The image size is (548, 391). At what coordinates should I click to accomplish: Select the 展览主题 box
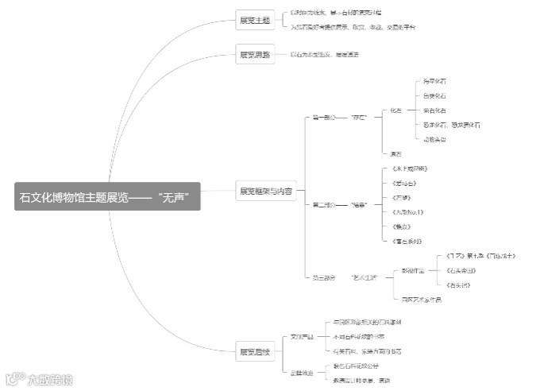254,21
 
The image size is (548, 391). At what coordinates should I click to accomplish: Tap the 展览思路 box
254,55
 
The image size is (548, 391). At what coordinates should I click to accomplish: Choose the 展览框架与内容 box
265,192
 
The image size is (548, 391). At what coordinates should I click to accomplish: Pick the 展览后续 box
254,351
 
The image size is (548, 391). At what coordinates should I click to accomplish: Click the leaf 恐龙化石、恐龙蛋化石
451,125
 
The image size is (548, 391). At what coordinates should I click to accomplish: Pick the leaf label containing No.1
407,212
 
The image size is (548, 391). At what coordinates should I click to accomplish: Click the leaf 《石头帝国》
463,270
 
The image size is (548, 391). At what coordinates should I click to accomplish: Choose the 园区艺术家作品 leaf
421,299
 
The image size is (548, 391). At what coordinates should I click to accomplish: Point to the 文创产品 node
303,337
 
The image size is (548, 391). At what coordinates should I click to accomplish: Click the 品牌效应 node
302,372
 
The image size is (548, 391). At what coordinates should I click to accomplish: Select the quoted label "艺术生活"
362,277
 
